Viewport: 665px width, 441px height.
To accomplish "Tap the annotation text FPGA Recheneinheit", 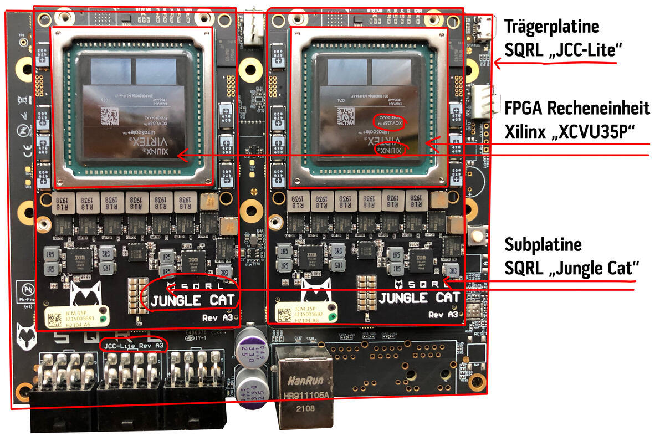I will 577,107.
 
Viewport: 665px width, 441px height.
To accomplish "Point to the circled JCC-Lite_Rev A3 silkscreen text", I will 133,345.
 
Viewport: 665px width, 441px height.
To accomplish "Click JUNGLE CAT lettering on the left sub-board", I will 193,301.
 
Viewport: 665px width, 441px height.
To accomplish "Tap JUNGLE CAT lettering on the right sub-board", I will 419,298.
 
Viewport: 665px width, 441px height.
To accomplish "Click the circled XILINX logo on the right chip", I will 392,150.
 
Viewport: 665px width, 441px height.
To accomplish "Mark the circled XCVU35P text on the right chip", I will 388,121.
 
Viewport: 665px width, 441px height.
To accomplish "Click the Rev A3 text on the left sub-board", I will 218,319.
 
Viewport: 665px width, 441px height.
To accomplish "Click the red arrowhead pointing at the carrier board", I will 498,64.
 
